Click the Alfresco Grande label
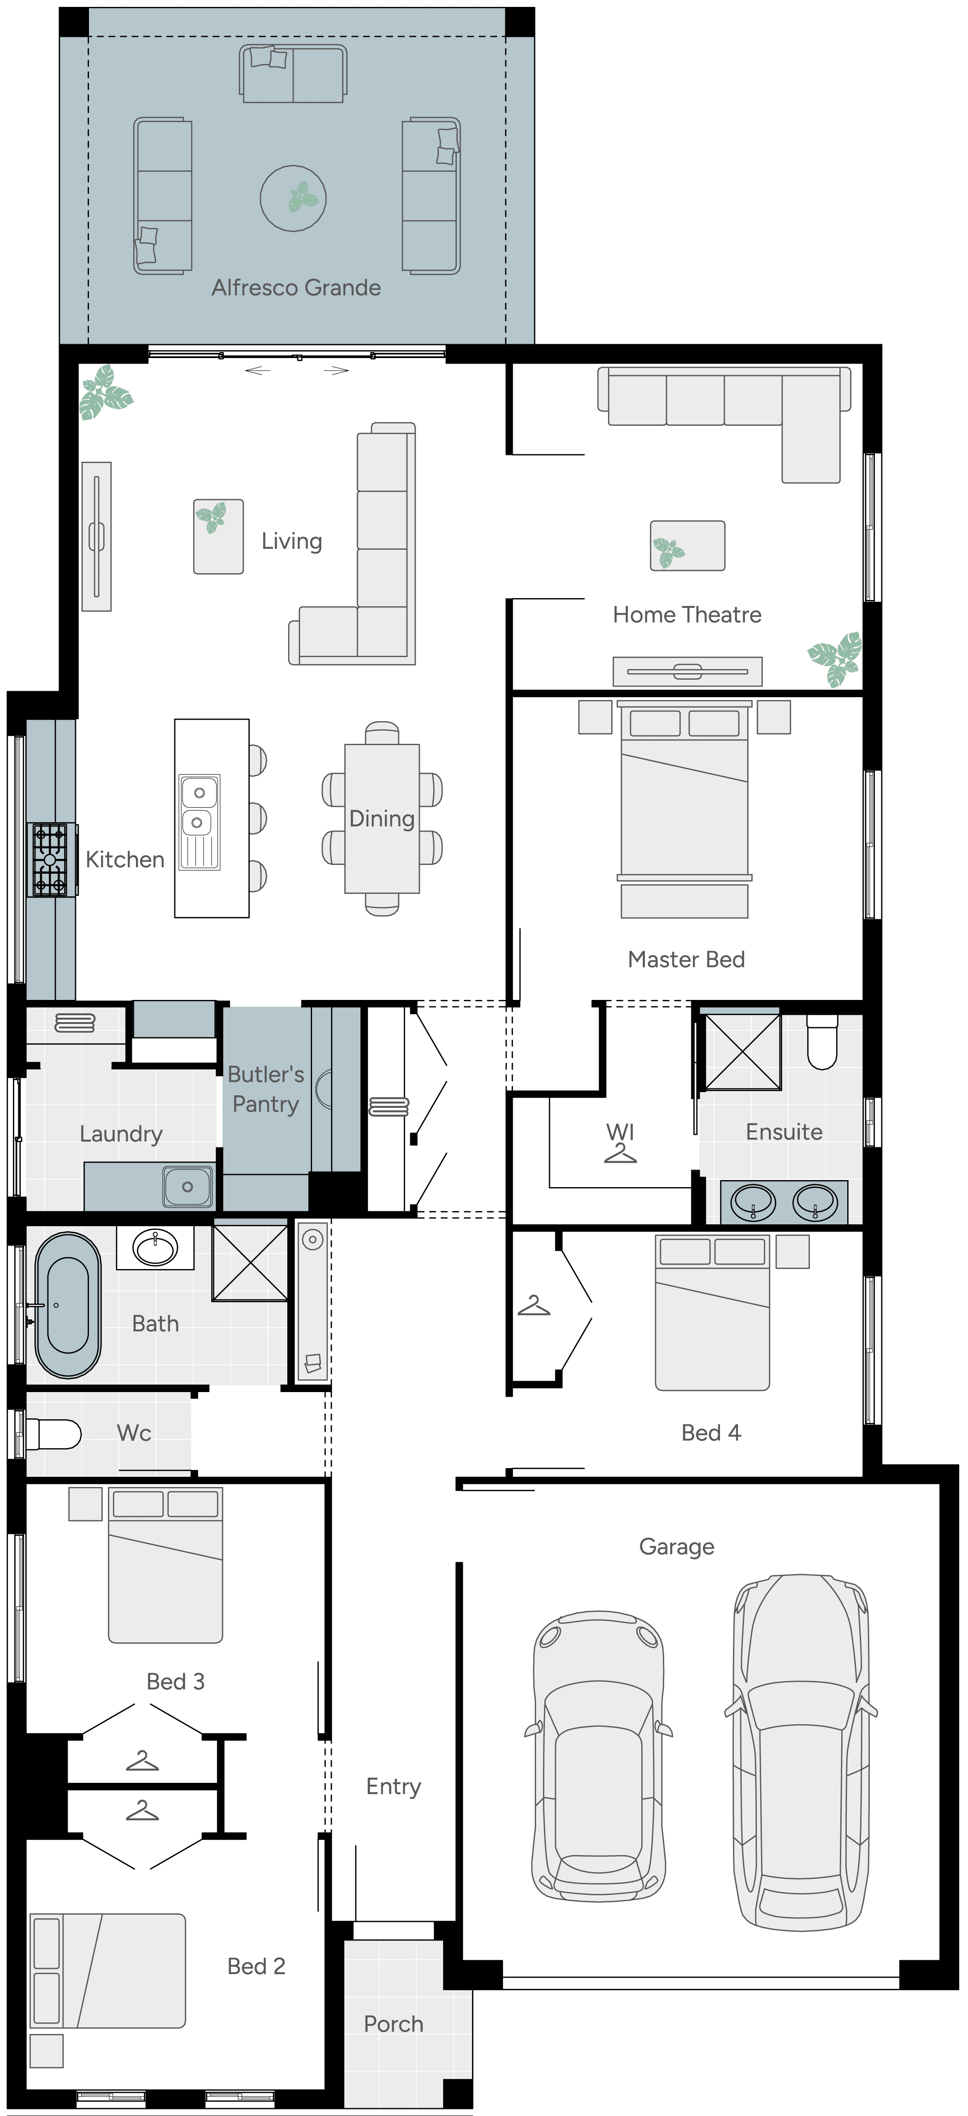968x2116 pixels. click(296, 288)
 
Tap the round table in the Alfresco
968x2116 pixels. click(293, 198)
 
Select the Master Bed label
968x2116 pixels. click(686, 959)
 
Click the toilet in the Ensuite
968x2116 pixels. click(822, 1041)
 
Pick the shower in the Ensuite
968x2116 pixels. click(743, 1052)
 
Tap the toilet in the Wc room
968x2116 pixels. click(53, 1434)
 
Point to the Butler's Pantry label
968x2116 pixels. click(266, 1089)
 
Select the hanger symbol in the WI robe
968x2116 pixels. click(620, 1153)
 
